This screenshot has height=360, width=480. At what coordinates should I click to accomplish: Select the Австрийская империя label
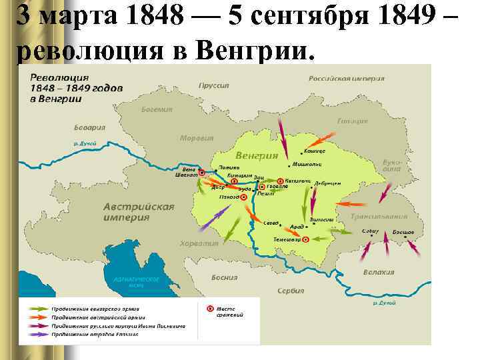(x=139, y=211)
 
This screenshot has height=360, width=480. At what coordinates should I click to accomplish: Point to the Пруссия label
(x=213, y=85)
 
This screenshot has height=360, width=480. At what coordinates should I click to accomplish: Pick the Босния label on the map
(x=224, y=277)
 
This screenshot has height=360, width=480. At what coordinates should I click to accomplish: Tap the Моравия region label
(x=196, y=138)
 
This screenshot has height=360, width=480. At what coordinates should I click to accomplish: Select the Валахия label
(x=378, y=272)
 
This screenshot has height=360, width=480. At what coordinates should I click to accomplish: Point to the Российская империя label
(x=346, y=78)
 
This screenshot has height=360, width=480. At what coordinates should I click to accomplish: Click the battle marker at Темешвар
(x=305, y=239)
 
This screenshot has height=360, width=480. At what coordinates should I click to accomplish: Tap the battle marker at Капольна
(x=281, y=181)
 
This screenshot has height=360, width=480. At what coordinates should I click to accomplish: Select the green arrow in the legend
(x=39, y=308)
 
